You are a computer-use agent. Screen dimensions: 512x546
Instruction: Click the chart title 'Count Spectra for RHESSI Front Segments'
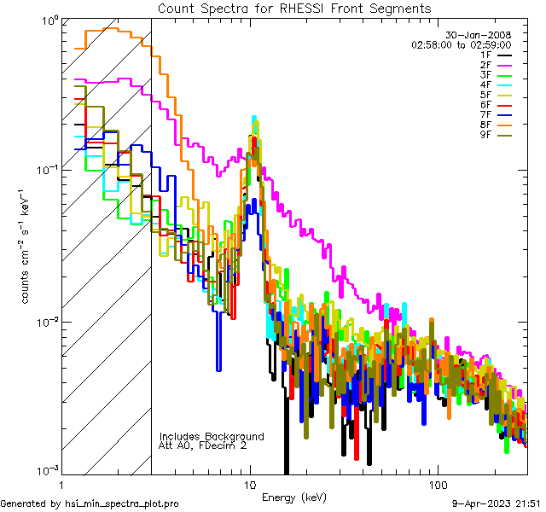coord(294,8)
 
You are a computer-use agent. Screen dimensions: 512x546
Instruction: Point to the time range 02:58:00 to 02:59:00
coord(461,44)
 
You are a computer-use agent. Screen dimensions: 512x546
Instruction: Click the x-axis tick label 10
coord(250,484)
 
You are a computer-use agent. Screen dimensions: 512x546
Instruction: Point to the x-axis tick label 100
coord(437,484)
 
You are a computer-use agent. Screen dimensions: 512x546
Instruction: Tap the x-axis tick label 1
coord(61,484)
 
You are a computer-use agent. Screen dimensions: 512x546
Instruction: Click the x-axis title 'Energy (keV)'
coord(294,497)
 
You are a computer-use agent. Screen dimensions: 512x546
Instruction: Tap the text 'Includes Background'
coord(211,436)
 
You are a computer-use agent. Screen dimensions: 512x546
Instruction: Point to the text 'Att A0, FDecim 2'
coord(203,445)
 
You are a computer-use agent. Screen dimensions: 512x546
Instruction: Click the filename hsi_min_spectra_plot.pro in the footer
coord(122,503)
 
